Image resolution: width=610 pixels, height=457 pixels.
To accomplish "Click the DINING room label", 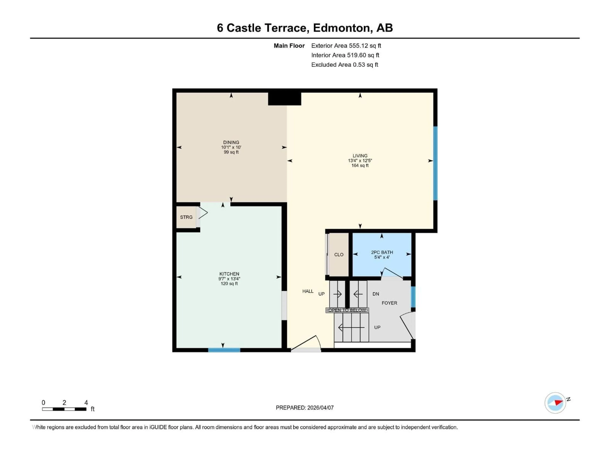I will click(231, 142).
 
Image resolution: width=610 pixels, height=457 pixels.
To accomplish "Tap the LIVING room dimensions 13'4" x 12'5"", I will click(360, 161).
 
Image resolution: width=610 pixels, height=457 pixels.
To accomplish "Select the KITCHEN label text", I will click(229, 274).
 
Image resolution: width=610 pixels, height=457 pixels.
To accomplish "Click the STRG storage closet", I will click(186, 217).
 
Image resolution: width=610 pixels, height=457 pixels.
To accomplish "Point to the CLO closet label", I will click(339, 255).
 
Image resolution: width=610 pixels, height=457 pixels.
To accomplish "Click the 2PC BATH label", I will click(382, 252).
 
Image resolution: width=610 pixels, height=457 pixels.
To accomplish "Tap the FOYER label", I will click(389, 303).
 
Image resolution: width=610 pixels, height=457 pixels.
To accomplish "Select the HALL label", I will click(308, 291).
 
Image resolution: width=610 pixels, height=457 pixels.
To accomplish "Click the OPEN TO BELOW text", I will click(347, 310).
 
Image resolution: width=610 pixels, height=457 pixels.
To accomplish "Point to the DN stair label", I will click(376, 294).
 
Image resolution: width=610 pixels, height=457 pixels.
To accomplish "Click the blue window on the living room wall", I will click(435, 163).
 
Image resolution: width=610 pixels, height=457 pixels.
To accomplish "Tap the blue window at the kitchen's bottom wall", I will click(224, 350).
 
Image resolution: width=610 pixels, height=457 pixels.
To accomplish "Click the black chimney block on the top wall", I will click(284, 99).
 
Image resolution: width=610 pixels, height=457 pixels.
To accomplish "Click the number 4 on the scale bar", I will click(86, 403).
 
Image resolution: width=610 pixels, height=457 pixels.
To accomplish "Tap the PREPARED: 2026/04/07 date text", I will click(305, 408).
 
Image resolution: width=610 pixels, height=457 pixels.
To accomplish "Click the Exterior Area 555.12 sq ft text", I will click(346, 46).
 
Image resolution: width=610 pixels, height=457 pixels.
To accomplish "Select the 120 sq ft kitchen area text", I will click(229, 283).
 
